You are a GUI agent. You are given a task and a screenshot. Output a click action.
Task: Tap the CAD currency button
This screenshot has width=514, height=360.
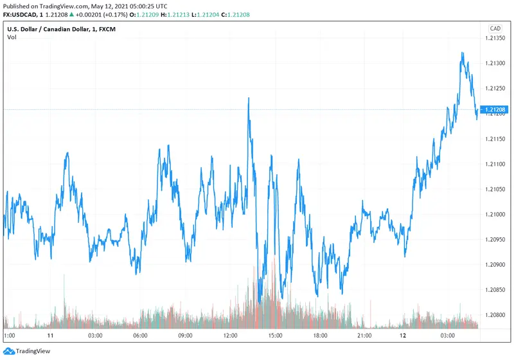(x=495, y=28)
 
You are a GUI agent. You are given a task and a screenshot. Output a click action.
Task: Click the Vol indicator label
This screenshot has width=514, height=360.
(x=12, y=37)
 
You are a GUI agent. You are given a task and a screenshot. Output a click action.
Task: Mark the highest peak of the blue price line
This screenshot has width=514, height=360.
(x=462, y=53)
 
